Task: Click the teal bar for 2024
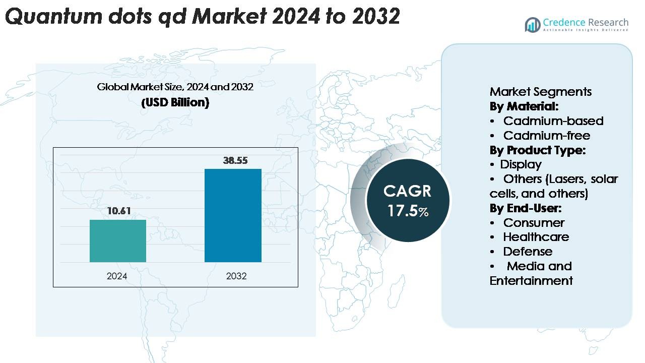tap(118, 241)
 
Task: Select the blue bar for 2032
tap(233, 215)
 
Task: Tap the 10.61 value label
tap(118, 211)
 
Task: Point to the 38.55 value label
tap(235, 160)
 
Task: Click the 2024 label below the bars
tap(117, 276)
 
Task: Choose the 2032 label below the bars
tap(236, 276)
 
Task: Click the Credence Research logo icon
tap(533, 25)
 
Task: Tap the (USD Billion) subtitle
tap(175, 102)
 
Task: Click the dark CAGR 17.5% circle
tap(408, 201)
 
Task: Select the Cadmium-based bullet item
tap(553, 121)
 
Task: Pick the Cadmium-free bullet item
tap(546, 136)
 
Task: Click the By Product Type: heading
tap(537, 150)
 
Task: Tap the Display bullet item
tap(521, 164)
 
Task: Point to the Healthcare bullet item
tap(536, 237)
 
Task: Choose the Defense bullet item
tap(528, 252)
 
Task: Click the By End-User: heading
tap(525, 208)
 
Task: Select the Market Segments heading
tap(541, 92)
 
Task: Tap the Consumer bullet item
tap(534, 223)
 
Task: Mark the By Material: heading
tap(524, 106)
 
